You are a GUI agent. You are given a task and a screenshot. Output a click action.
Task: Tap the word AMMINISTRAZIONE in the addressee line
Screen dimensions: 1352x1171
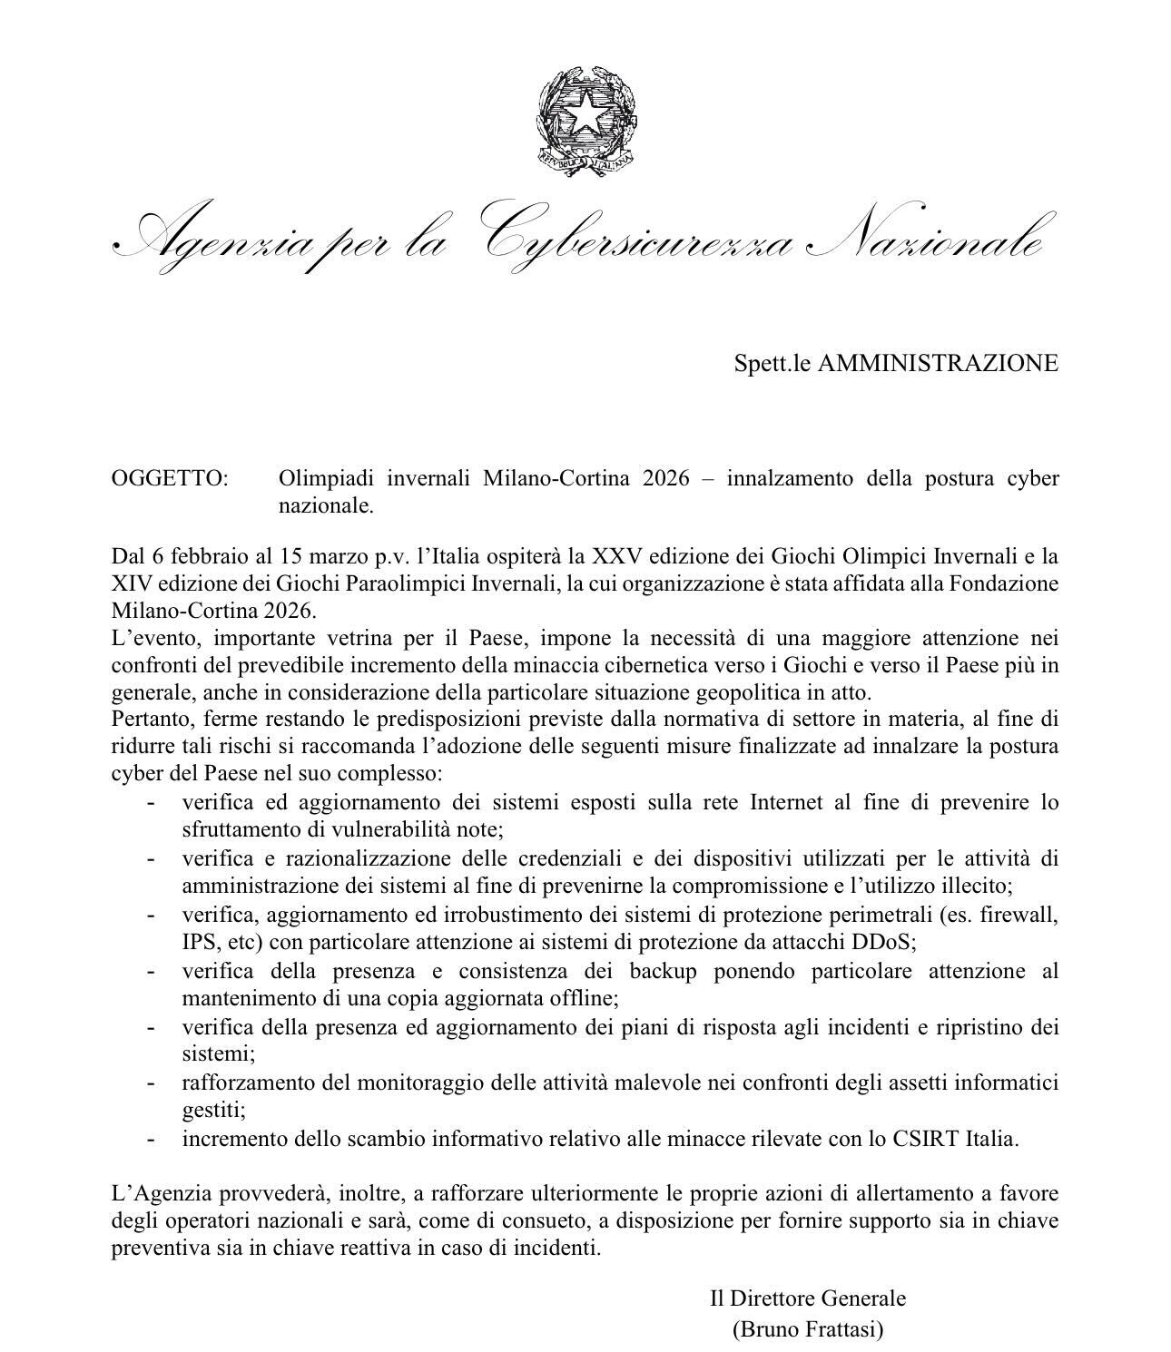tap(938, 363)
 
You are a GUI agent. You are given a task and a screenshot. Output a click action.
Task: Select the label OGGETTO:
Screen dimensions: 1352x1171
tap(170, 478)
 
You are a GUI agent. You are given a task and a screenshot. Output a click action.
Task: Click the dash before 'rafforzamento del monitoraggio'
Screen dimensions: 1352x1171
tap(151, 1083)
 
